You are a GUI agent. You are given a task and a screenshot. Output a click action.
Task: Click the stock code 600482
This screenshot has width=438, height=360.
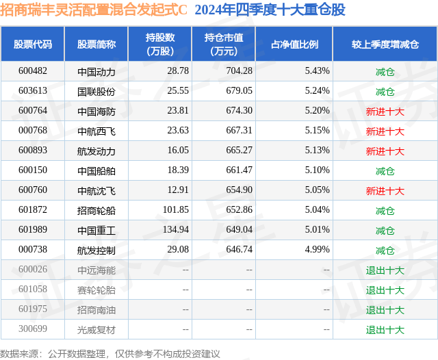pyautogui.click(x=32, y=71)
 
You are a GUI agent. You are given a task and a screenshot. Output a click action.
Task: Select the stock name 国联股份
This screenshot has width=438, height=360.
pyautogui.click(x=96, y=91)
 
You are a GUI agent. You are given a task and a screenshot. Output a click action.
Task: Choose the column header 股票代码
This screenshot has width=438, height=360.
pyautogui.click(x=32, y=44)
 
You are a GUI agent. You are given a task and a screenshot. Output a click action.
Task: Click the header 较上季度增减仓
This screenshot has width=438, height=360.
pyautogui.click(x=385, y=44)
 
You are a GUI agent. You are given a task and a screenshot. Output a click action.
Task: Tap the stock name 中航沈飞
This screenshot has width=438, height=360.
pyautogui.click(x=96, y=190)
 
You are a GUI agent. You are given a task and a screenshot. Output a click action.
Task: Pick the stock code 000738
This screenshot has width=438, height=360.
pyautogui.click(x=32, y=250)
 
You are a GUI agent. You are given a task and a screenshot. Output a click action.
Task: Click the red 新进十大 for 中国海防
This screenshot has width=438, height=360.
pyautogui.click(x=385, y=111)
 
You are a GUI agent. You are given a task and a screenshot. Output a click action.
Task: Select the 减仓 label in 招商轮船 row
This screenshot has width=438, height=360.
pyautogui.click(x=385, y=210)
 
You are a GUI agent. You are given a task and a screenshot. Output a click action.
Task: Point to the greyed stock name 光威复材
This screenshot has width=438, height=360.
pyautogui.click(x=96, y=329)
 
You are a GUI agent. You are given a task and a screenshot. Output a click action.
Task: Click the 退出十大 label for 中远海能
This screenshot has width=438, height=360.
pyautogui.click(x=385, y=270)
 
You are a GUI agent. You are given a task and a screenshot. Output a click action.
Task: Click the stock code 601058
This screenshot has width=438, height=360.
pyautogui.click(x=32, y=290)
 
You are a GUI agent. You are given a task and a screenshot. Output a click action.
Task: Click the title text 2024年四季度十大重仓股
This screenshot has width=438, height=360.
pyautogui.click(x=270, y=10)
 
